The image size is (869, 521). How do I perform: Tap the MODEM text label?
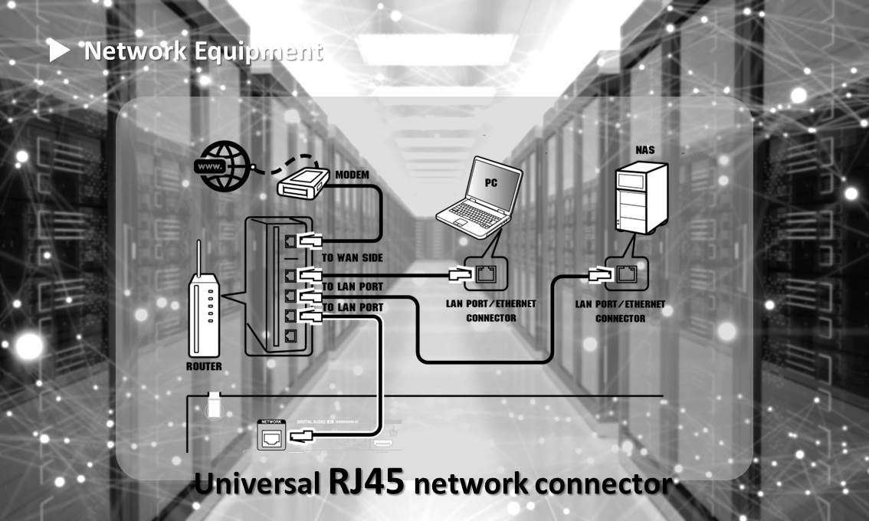(x=352, y=175)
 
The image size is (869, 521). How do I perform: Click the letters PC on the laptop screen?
(x=491, y=184)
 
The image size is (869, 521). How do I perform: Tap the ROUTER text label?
(x=204, y=366)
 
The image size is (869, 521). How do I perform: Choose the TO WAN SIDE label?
(x=353, y=258)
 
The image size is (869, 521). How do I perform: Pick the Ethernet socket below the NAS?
(x=625, y=273)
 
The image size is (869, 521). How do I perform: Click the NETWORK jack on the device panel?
(x=272, y=437)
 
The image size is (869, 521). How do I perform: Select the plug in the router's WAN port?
(x=310, y=241)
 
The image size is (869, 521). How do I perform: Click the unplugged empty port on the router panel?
(x=290, y=336)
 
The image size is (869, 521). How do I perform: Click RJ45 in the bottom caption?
(x=366, y=484)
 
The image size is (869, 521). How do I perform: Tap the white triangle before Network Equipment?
(x=59, y=52)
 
